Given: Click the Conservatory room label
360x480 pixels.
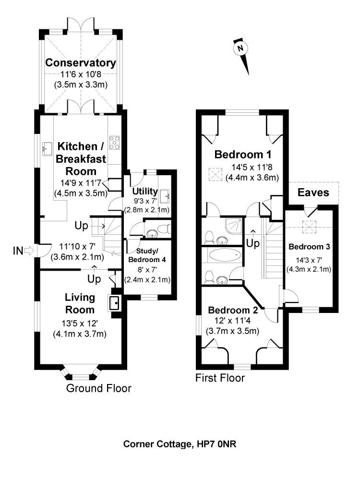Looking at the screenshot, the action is tap(81, 63).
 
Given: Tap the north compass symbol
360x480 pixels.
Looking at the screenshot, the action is tap(240, 48).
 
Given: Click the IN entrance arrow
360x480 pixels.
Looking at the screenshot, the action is tap(28, 250).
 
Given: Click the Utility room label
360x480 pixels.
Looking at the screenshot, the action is tap(145, 191).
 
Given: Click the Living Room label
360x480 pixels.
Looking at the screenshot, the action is tap(80, 303).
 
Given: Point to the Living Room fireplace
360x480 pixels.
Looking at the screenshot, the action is tap(115, 303).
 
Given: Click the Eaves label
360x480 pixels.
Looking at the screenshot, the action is tap(313, 193).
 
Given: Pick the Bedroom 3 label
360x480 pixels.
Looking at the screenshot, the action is tap(309, 247).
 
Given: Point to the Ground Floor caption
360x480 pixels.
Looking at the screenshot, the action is tap(98, 388).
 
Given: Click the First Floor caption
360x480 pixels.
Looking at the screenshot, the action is tap(220, 378).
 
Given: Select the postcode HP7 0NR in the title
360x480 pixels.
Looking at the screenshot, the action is tap(216, 444).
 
